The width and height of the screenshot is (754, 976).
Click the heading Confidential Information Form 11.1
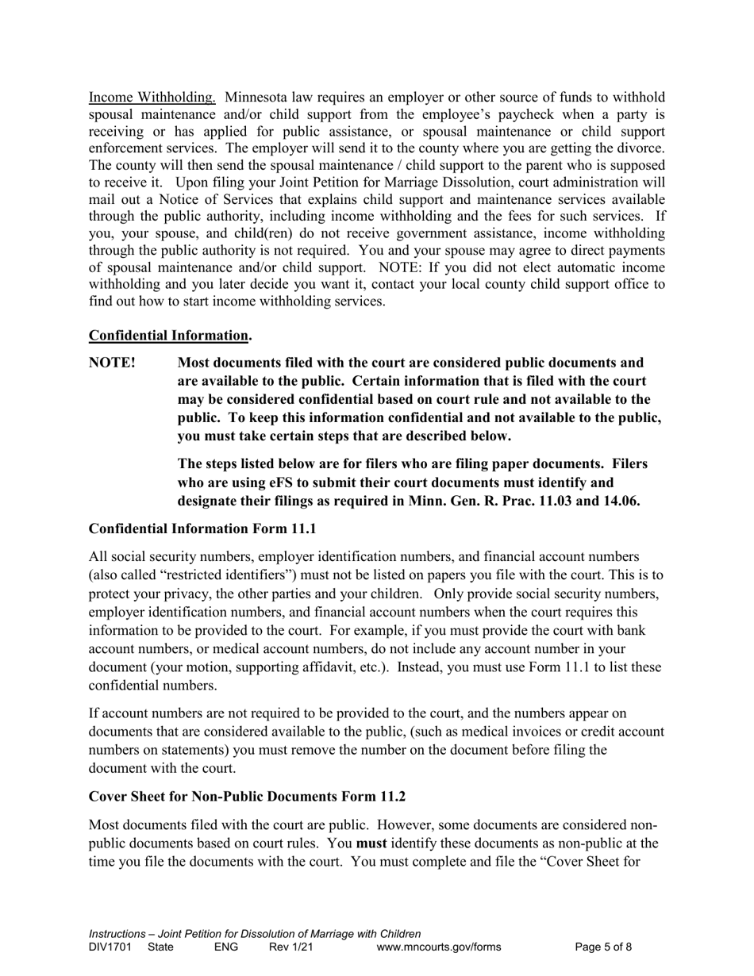[x=202, y=528]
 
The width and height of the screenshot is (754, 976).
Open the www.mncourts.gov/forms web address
[x=439, y=947]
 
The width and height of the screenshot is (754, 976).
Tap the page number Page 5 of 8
[x=603, y=947]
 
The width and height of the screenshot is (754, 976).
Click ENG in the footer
[x=226, y=947]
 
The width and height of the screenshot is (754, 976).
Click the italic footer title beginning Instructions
[x=255, y=934]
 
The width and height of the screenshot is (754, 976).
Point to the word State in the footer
[x=160, y=947]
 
